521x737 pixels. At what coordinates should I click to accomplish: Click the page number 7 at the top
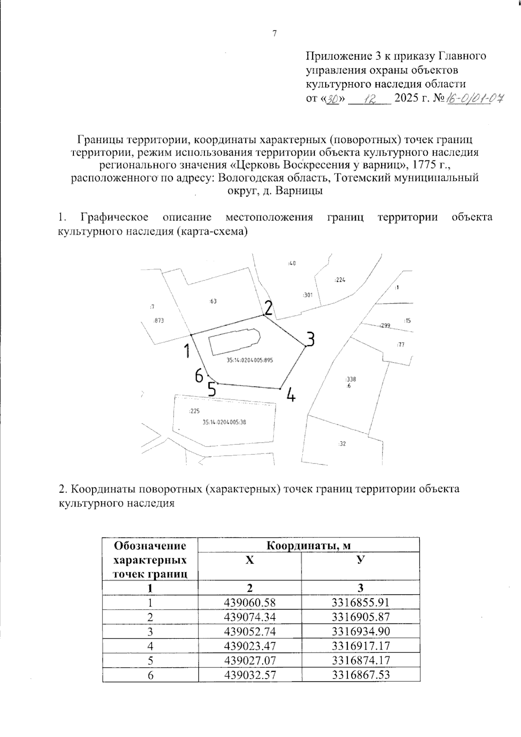[274, 34]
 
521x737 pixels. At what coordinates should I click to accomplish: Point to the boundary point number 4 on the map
[291, 395]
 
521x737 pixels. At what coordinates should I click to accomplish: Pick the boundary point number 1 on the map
[187, 350]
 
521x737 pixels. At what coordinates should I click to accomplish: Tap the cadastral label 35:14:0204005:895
[250, 360]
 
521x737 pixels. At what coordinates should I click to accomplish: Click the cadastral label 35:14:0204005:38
[224, 422]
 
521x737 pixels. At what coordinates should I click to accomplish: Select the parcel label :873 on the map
[158, 320]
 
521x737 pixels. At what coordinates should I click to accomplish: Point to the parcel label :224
[340, 280]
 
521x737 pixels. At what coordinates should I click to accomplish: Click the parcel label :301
[307, 295]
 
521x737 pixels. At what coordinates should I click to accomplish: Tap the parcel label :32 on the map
[342, 444]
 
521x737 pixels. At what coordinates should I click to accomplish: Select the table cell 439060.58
[250, 602]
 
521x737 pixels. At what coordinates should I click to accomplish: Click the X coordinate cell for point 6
[250, 674]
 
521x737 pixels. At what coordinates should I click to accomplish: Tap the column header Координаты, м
[308, 545]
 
